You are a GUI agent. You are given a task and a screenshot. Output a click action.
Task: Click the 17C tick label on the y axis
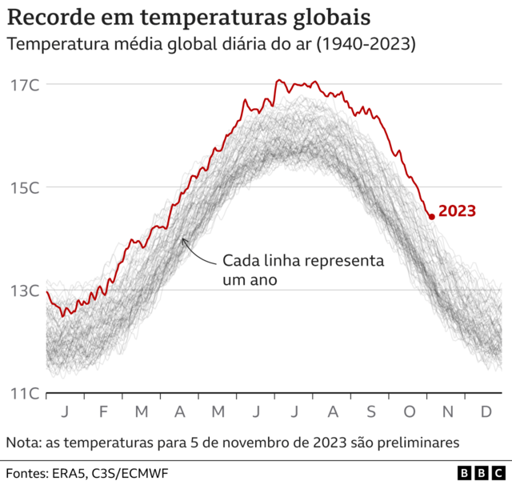(x=25, y=84)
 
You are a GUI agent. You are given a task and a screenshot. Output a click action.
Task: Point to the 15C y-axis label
(x=25, y=187)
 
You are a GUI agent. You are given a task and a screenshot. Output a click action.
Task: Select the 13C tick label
(x=25, y=290)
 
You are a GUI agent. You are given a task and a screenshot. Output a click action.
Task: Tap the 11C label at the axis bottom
(x=25, y=393)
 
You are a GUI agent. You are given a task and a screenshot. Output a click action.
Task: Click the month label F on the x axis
(x=103, y=411)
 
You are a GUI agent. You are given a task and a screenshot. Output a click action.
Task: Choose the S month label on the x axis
(x=371, y=411)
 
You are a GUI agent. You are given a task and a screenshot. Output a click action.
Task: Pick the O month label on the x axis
(x=409, y=411)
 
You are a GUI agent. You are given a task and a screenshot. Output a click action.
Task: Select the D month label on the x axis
(x=485, y=411)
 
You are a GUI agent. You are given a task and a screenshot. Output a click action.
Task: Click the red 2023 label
(x=458, y=211)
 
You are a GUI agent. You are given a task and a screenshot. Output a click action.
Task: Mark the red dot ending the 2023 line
(x=432, y=216)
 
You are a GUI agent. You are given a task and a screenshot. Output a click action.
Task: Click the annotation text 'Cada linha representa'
(x=303, y=262)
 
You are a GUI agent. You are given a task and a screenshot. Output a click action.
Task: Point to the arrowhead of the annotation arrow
(x=184, y=239)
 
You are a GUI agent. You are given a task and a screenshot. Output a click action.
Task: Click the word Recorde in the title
(x=47, y=17)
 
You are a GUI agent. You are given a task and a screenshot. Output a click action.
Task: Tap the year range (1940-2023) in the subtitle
(x=365, y=45)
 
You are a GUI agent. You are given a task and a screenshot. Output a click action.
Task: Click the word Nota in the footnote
(x=24, y=442)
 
